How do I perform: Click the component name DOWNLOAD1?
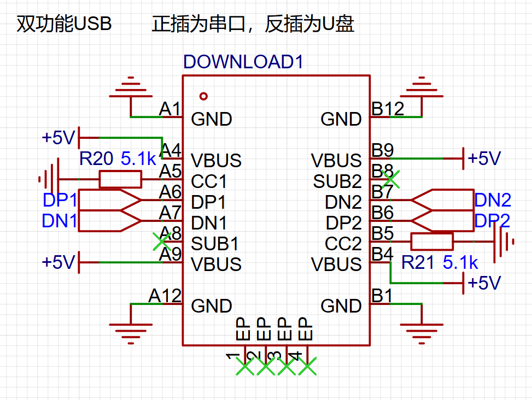tap(243, 62)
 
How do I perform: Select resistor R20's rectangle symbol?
tap(120, 179)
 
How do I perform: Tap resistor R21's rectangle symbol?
tap(432, 242)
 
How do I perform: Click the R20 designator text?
tap(96, 159)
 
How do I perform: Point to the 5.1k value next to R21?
tap(460, 263)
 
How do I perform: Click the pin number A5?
tap(170, 172)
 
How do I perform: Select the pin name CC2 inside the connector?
tap(343, 244)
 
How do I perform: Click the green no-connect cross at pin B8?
tap(390, 177)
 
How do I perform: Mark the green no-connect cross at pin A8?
tap(161, 240)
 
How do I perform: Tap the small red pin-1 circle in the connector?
tap(204, 96)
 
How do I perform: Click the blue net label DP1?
tap(60, 200)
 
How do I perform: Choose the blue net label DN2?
tap(492, 200)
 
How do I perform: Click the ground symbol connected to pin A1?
tap(130, 87)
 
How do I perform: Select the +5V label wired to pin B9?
tap(484, 158)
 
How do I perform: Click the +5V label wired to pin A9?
tap(58, 262)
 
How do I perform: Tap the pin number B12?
tap(388, 109)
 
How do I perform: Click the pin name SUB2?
tap(337, 181)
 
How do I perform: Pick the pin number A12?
tap(165, 296)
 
